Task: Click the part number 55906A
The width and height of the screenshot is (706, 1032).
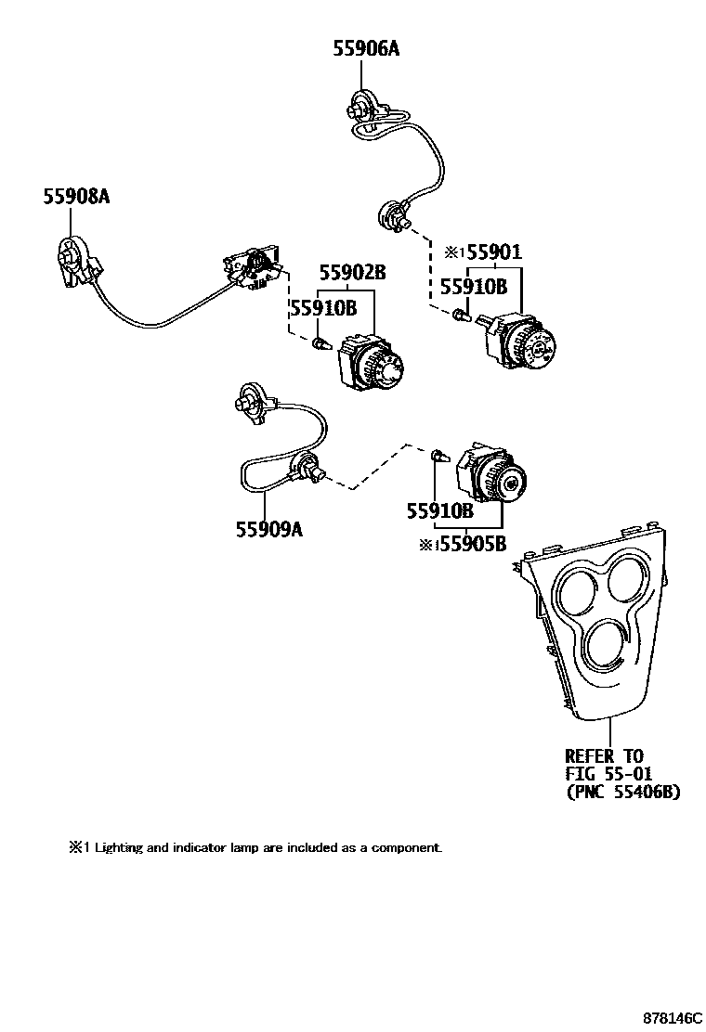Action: [x=366, y=49]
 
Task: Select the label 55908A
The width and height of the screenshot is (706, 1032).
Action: [x=75, y=196]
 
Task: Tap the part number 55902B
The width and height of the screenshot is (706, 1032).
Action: [x=352, y=273]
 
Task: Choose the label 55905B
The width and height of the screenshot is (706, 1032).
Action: [x=472, y=545]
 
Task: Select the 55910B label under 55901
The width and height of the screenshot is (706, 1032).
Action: [x=473, y=286]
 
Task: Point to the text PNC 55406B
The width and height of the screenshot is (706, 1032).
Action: [x=622, y=793]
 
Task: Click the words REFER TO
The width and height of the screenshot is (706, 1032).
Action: [x=604, y=756]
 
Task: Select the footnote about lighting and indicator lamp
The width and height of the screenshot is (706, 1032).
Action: [x=255, y=847]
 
